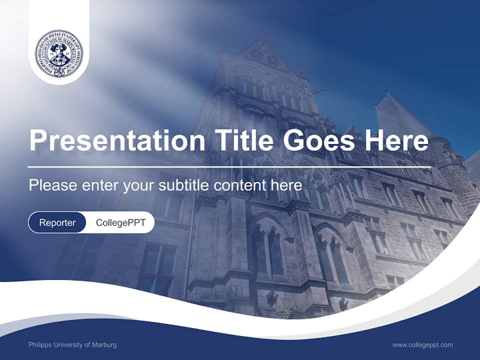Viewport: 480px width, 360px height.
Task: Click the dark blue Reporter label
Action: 57,222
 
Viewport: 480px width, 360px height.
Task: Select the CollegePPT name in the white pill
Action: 120,222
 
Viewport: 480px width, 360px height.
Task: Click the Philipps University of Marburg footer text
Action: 72,345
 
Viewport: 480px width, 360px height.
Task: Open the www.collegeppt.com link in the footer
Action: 422,345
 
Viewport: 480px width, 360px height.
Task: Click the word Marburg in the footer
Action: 105,345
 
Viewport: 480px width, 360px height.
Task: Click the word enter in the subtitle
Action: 100,185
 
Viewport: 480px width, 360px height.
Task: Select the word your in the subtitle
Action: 138,186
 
